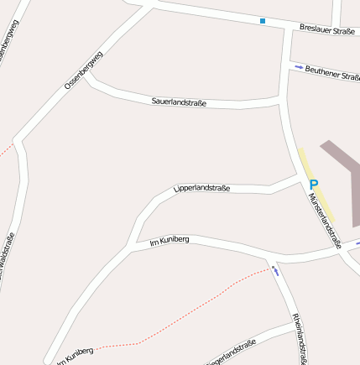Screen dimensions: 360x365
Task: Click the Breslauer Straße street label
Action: (x=327, y=30)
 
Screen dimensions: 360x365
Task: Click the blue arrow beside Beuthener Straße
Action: (x=298, y=67)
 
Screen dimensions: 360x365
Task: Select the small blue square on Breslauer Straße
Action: (x=263, y=21)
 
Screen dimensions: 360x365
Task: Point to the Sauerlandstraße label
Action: (x=179, y=102)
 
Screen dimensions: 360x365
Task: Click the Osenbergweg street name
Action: (x=84, y=70)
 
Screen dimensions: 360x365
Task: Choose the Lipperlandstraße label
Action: (x=201, y=189)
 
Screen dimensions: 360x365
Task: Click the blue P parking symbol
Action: (x=314, y=185)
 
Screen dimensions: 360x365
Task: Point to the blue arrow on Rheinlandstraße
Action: (x=275, y=270)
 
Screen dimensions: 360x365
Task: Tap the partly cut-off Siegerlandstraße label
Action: (x=231, y=352)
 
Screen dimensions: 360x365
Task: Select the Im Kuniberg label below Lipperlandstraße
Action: (x=169, y=241)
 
